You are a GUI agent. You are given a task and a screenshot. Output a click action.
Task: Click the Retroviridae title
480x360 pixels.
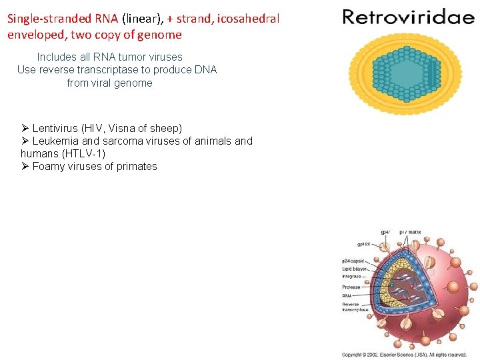click(408, 17)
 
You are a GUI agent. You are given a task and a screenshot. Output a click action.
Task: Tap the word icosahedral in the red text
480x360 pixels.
click(251, 19)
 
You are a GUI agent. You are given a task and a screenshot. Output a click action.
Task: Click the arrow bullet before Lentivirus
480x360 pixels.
click(25, 128)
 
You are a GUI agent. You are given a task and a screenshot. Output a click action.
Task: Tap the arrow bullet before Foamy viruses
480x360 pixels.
click(25, 167)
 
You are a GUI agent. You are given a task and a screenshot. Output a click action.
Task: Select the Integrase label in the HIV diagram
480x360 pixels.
click(351, 275)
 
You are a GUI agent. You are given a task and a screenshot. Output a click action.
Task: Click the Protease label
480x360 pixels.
click(351, 287)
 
